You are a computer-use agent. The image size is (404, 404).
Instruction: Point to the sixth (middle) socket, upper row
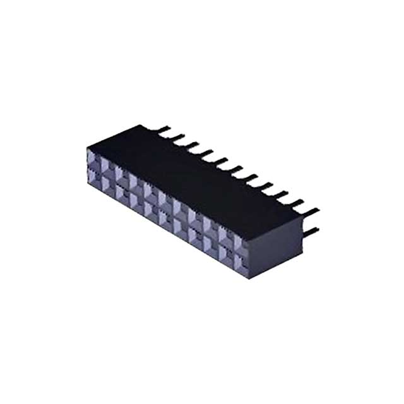[167, 198]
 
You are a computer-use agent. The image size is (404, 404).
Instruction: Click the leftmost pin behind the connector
[165, 129]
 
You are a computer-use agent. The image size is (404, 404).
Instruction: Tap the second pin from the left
[179, 137]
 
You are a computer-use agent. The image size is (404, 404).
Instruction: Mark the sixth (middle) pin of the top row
[237, 167]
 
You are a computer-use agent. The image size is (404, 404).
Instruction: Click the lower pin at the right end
[311, 231]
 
